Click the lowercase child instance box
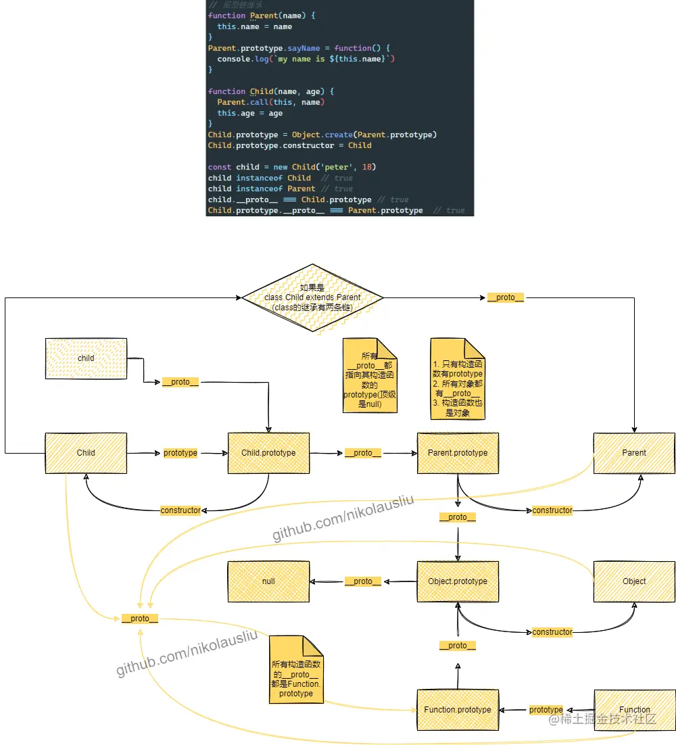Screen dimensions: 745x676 pyautogui.click(x=86, y=358)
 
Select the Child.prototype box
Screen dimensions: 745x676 pyautogui.click(x=268, y=453)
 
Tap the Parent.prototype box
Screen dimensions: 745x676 pyautogui.click(x=458, y=453)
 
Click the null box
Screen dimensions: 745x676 pyautogui.click(x=268, y=581)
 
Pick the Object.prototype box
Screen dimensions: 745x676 pyautogui.click(x=458, y=581)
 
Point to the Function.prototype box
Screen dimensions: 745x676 pyautogui.click(x=458, y=710)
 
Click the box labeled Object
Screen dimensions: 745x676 pyautogui.click(x=633, y=581)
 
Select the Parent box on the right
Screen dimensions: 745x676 pyautogui.click(x=633, y=453)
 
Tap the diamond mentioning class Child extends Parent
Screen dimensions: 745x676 pyautogui.click(x=312, y=297)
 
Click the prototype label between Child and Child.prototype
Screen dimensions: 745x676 pyautogui.click(x=180, y=453)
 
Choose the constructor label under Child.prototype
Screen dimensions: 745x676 pyautogui.click(x=180, y=510)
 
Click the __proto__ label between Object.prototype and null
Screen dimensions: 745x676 pyautogui.click(x=363, y=581)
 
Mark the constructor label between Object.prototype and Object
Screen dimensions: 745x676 pyautogui.click(x=552, y=632)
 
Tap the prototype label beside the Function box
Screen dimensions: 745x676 pyautogui.click(x=546, y=710)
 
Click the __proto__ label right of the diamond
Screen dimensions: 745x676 pyautogui.click(x=505, y=297)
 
